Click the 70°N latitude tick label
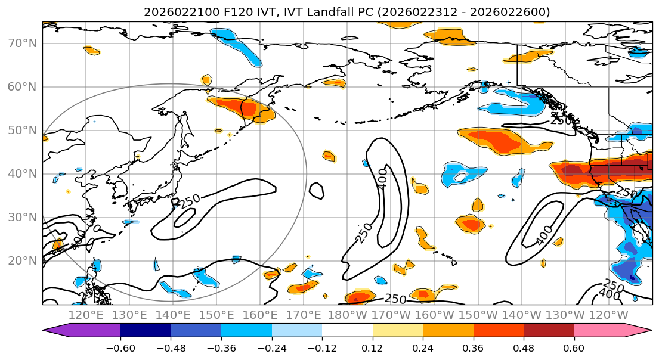22,44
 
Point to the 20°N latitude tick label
22,260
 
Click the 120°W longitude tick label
609,315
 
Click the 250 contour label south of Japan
190,201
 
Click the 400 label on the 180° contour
382,177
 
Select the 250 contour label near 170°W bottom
397,298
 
